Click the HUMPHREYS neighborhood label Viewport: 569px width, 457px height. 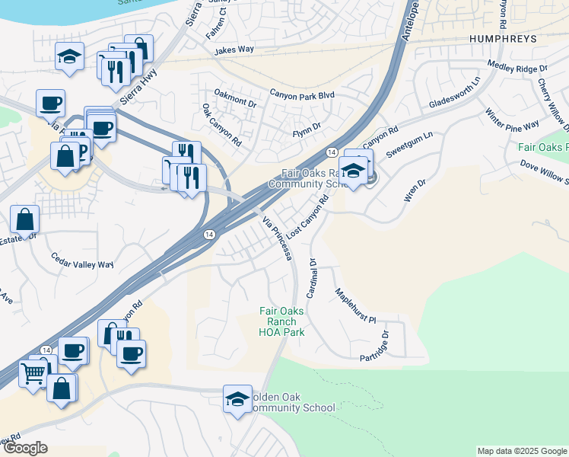click(x=504, y=37)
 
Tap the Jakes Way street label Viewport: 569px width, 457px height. click(x=234, y=50)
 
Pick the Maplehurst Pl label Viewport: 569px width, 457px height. click(x=356, y=305)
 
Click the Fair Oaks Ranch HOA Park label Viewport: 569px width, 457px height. click(x=281, y=321)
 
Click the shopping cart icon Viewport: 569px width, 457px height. click(x=33, y=373)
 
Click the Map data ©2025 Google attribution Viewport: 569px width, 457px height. click(x=521, y=451)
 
